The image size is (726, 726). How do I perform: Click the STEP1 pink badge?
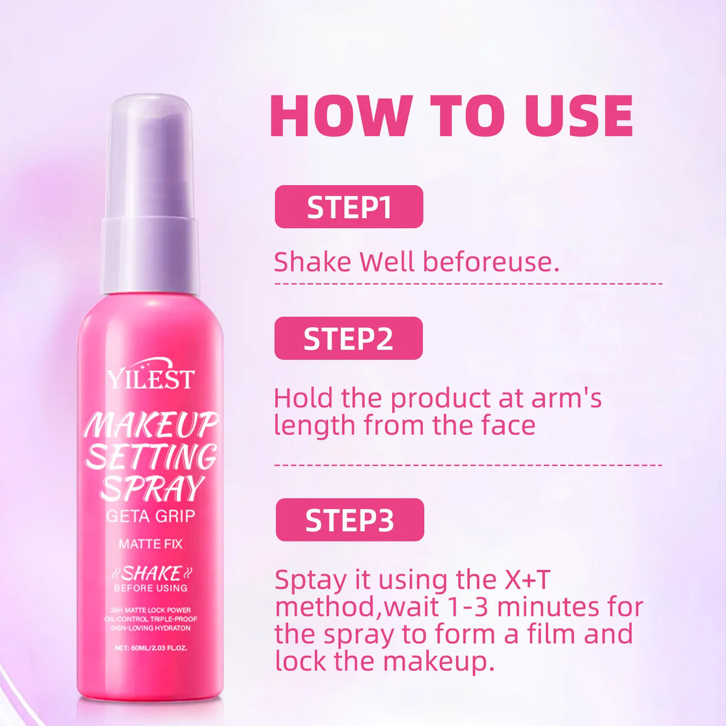point(349,206)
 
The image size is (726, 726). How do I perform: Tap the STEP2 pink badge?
point(348,338)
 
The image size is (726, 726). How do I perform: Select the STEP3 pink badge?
point(350,520)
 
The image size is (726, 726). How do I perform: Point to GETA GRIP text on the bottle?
point(151,516)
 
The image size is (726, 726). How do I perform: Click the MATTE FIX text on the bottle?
point(151,544)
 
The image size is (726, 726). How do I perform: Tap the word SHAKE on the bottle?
point(151,574)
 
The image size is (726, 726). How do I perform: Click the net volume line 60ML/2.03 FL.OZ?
point(151,649)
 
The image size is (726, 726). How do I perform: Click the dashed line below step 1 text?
point(468,283)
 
